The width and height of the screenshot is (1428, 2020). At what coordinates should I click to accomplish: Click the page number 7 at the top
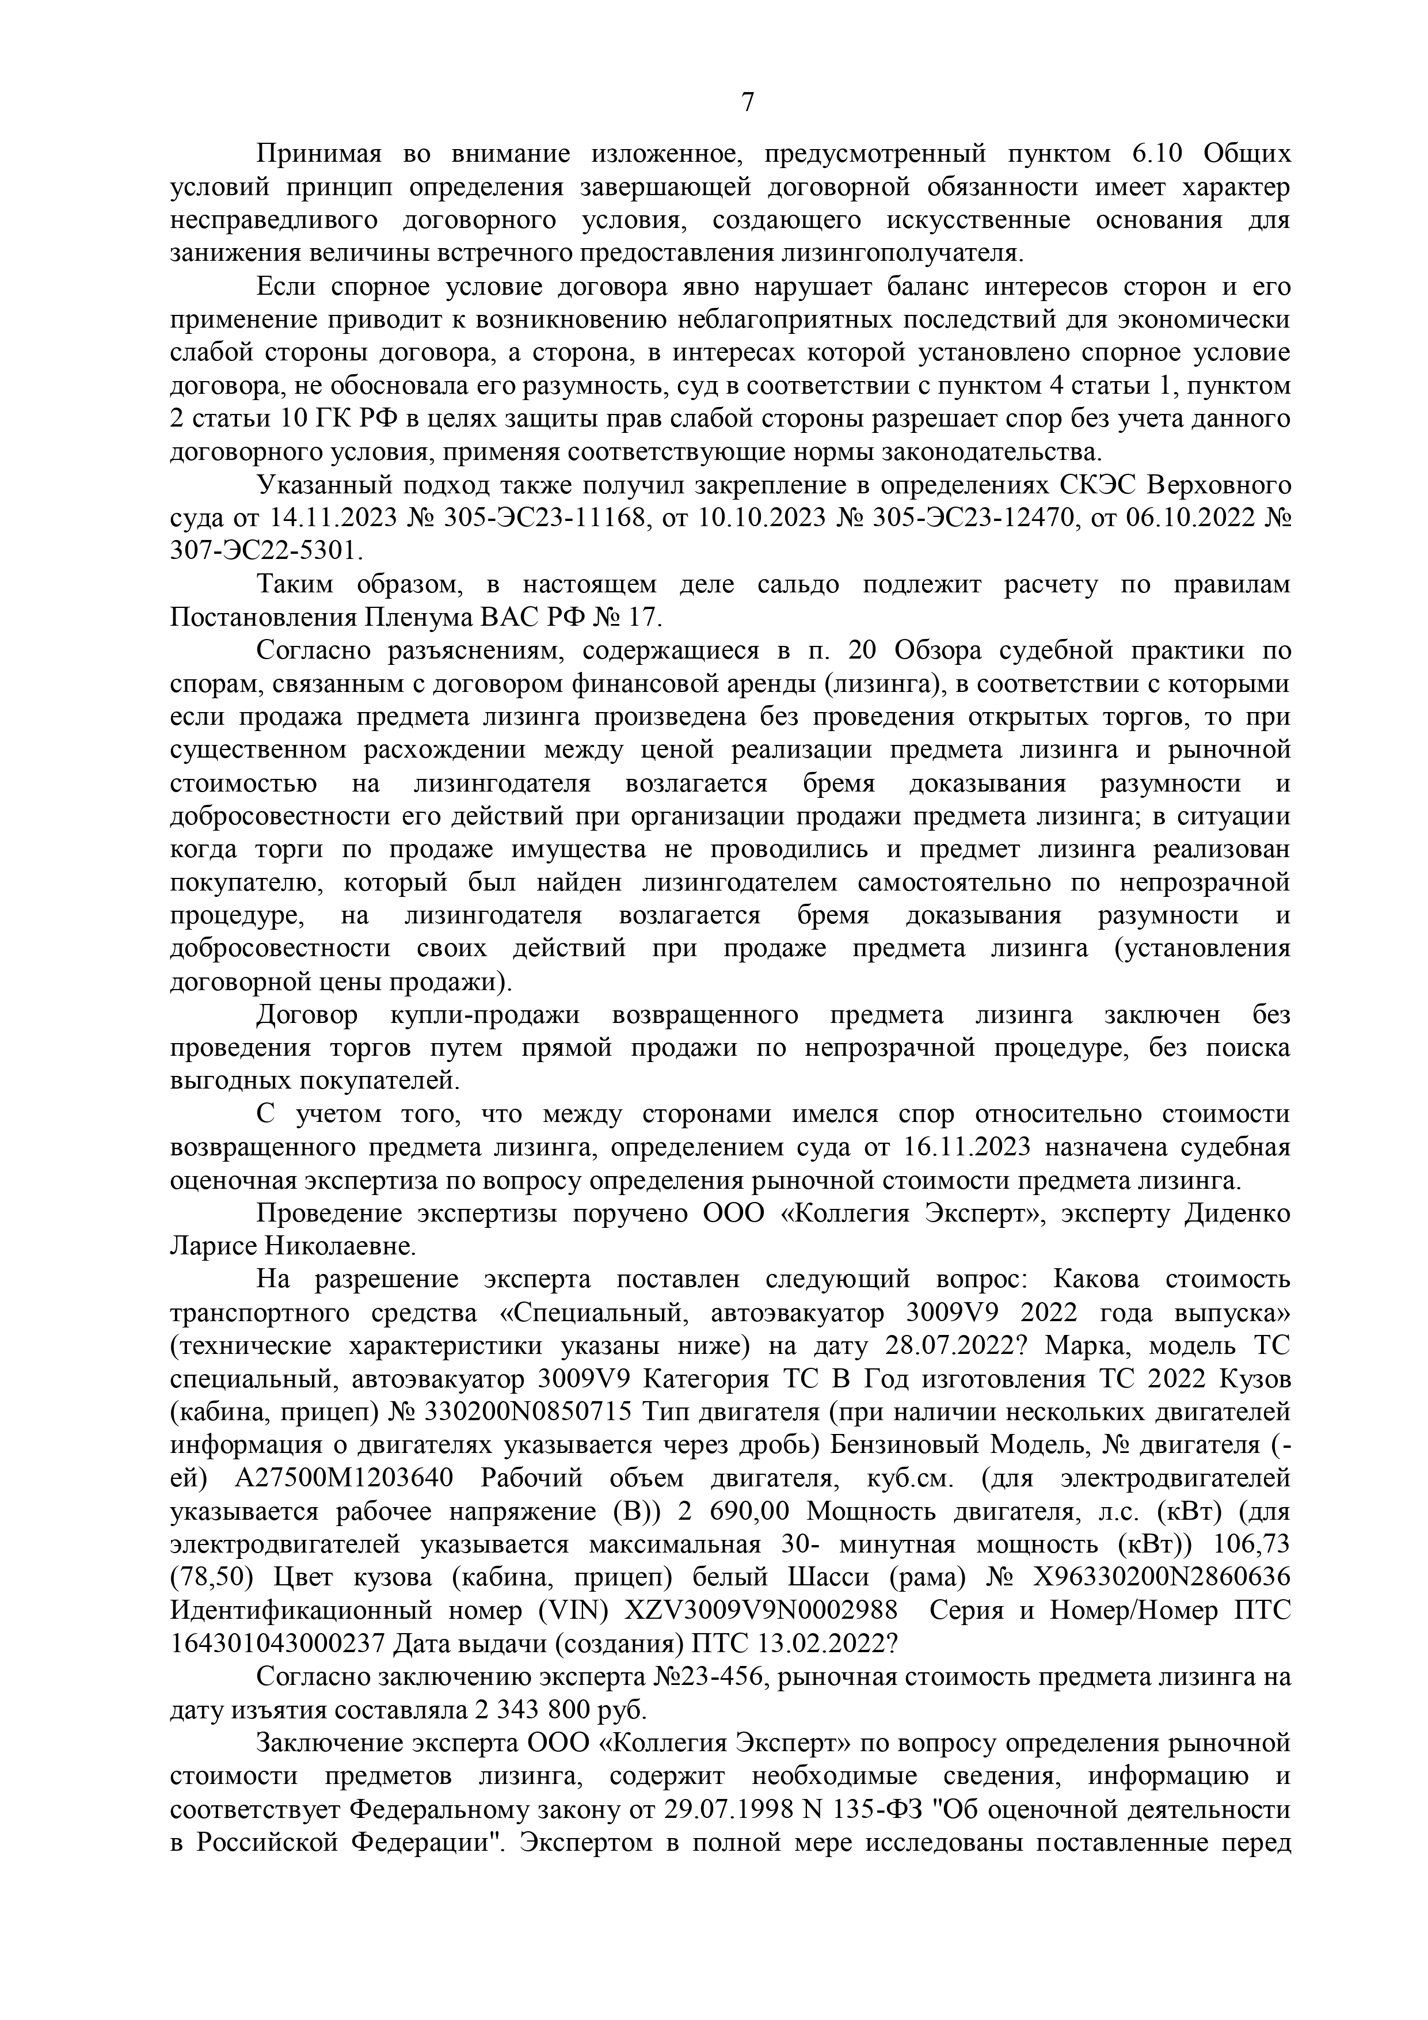point(747,103)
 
